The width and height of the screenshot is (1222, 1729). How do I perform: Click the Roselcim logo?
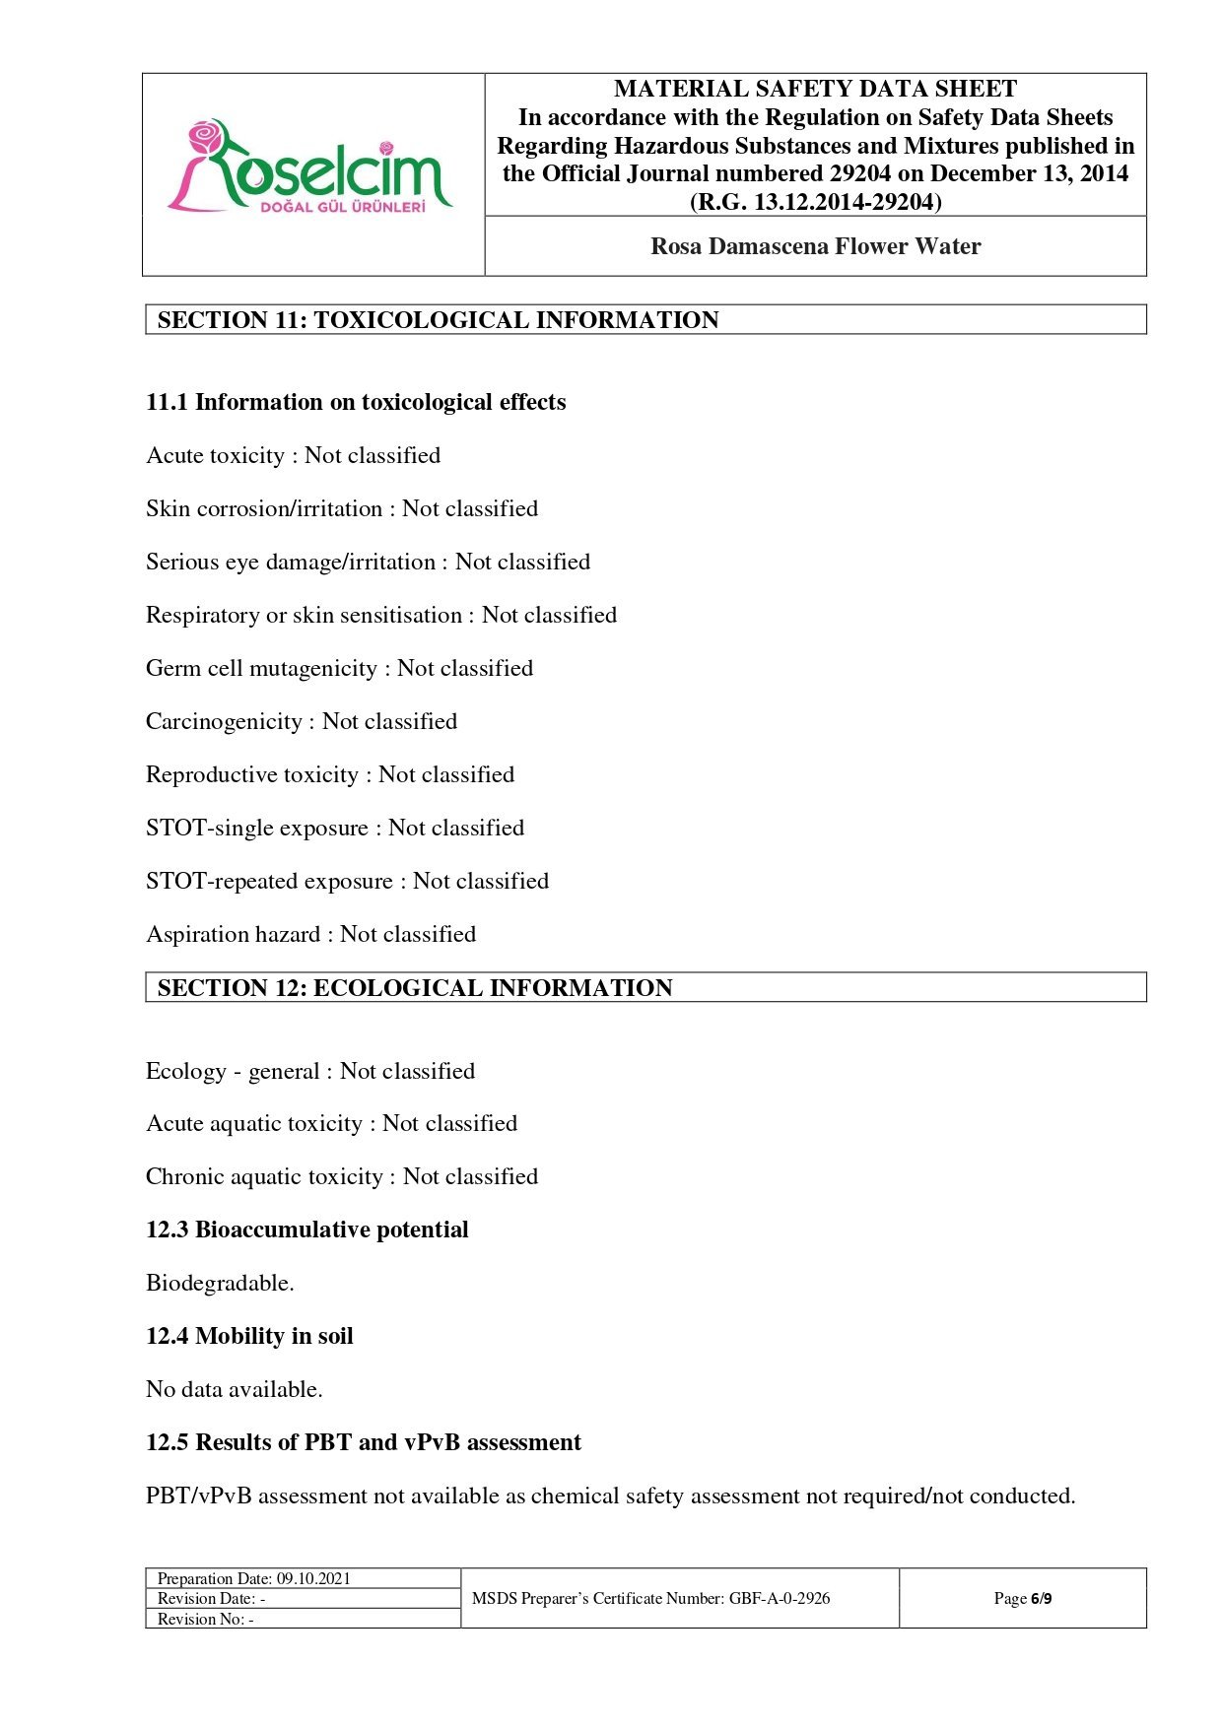[x=310, y=167]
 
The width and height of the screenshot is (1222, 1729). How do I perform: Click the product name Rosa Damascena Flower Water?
[x=815, y=246]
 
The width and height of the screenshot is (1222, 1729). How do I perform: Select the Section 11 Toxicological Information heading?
[x=438, y=320]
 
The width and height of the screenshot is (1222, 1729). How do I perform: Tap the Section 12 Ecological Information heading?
[x=414, y=988]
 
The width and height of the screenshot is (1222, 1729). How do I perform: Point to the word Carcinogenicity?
[x=224, y=722]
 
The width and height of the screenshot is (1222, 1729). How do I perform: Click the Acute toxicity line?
[x=293, y=456]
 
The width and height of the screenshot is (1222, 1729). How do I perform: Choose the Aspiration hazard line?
[x=310, y=935]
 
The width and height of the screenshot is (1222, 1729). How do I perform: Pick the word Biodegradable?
[x=220, y=1284]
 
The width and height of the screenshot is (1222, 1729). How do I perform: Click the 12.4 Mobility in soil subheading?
[x=249, y=1337]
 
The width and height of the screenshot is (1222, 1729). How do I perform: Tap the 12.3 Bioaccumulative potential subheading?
[x=306, y=1230]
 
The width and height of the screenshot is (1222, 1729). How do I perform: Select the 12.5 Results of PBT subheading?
[x=363, y=1443]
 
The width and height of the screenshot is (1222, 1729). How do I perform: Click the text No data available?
[x=234, y=1390]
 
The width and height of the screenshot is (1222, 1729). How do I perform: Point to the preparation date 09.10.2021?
[x=312, y=1579]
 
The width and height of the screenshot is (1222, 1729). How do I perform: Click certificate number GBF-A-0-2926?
[x=779, y=1599]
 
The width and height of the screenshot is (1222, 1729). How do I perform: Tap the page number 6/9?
[x=1041, y=1599]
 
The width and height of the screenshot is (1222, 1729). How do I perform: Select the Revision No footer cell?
[x=206, y=1620]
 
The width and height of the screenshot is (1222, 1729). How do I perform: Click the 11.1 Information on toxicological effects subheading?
[x=356, y=403]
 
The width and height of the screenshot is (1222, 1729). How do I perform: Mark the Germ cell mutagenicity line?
[x=339, y=669]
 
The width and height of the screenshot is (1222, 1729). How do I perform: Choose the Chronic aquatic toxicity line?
[x=341, y=1177]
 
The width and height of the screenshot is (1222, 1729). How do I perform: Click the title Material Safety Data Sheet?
[x=815, y=90]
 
